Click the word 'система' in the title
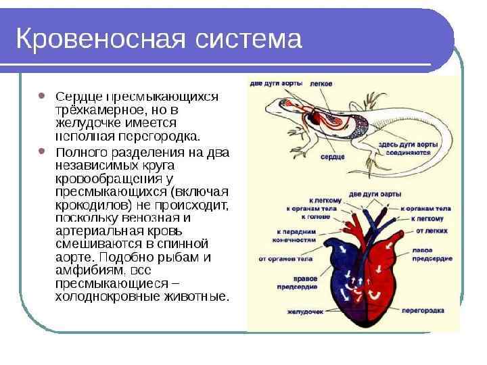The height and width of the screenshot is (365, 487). pos(249,39)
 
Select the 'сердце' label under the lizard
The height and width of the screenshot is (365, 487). pos(333,157)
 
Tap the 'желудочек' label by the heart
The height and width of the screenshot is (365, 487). pos(302,312)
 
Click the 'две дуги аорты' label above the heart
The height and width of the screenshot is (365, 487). pos(369,194)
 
